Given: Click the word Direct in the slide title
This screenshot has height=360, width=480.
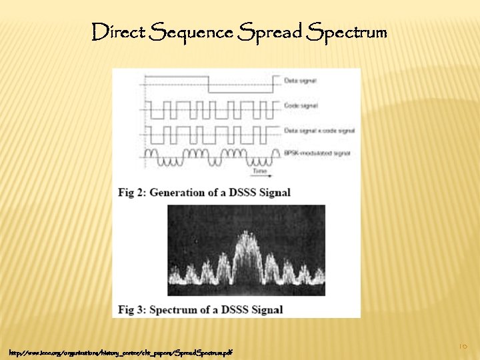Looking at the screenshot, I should point(118,31).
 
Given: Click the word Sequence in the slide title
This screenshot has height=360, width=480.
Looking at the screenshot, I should point(192,31).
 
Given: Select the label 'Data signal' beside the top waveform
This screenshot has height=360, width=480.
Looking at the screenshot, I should point(300,81).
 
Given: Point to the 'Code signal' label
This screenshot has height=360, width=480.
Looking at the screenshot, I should point(301,105).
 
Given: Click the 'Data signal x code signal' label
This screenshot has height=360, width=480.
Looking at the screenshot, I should point(319,130).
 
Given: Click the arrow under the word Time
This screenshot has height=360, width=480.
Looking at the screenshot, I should point(261,175).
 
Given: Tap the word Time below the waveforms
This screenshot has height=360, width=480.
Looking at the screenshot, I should point(260,170).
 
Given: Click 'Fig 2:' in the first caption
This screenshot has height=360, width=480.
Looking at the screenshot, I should point(131,193).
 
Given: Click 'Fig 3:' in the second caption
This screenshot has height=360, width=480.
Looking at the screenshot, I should point(131,310).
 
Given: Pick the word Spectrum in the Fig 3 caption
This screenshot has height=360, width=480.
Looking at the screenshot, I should point(177,310).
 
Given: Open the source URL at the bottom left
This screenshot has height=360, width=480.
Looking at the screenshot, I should point(121,351).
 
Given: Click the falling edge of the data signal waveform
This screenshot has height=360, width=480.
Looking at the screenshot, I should point(209,85).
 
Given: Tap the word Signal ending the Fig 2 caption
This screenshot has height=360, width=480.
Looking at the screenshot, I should point(273,193).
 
